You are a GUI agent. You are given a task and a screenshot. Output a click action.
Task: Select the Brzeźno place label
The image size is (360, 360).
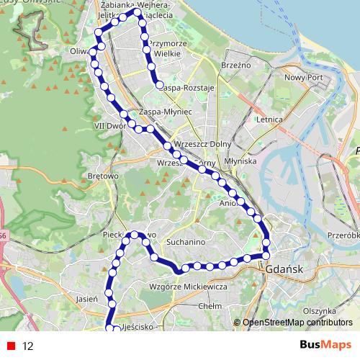coord(238,64)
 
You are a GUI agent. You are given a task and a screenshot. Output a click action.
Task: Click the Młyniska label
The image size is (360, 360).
coord(241,161)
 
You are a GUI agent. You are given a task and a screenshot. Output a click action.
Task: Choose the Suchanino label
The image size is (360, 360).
coord(186,242)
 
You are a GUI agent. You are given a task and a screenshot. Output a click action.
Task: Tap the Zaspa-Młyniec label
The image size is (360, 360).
coord(166,112)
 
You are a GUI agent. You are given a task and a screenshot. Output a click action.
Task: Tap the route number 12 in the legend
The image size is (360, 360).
coord(28,346)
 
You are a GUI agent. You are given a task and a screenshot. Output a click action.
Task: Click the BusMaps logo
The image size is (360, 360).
coord(325,346)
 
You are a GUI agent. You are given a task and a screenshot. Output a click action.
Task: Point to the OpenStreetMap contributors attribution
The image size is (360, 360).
coord(297,323)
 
